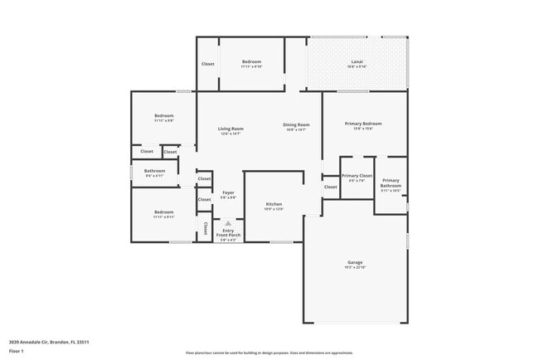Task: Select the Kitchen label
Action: [x=274, y=204]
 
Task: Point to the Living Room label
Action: [x=231, y=129]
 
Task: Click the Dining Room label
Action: [x=297, y=124]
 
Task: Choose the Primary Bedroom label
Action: [x=363, y=124]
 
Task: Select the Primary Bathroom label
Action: [x=391, y=182]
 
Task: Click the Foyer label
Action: [x=228, y=192]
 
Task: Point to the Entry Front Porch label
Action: [x=228, y=233]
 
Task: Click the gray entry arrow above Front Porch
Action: [x=228, y=223]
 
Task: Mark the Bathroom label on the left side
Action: [x=155, y=171]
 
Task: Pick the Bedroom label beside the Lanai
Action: [x=251, y=62]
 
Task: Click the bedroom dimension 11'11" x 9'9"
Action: [x=163, y=120]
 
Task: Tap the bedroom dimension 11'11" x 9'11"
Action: [x=163, y=217]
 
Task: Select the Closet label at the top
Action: [x=207, y=64]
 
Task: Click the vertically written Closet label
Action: [x=205, y=227]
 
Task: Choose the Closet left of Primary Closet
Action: [x=330, y=187]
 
